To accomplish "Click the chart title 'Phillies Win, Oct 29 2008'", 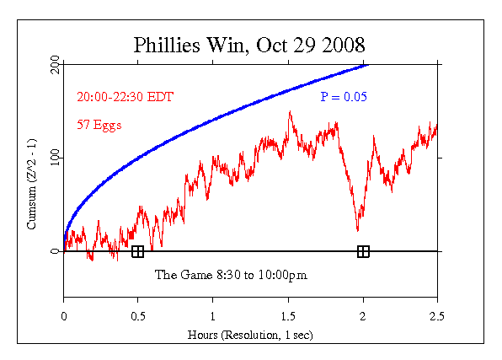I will [x=250, y=44].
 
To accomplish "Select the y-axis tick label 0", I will [x=55, y=251].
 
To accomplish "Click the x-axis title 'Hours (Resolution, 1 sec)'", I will [x=250, y=334].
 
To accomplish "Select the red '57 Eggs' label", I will [x=99, y=125].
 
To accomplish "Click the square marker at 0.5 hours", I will [x=138, y=251].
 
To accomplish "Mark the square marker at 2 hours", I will [x=363, y=251].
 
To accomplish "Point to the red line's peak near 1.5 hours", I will [x=290, y=111].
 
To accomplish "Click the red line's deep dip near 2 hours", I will [x=358, y=230].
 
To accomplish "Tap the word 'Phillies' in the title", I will [x=165, y=44].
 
